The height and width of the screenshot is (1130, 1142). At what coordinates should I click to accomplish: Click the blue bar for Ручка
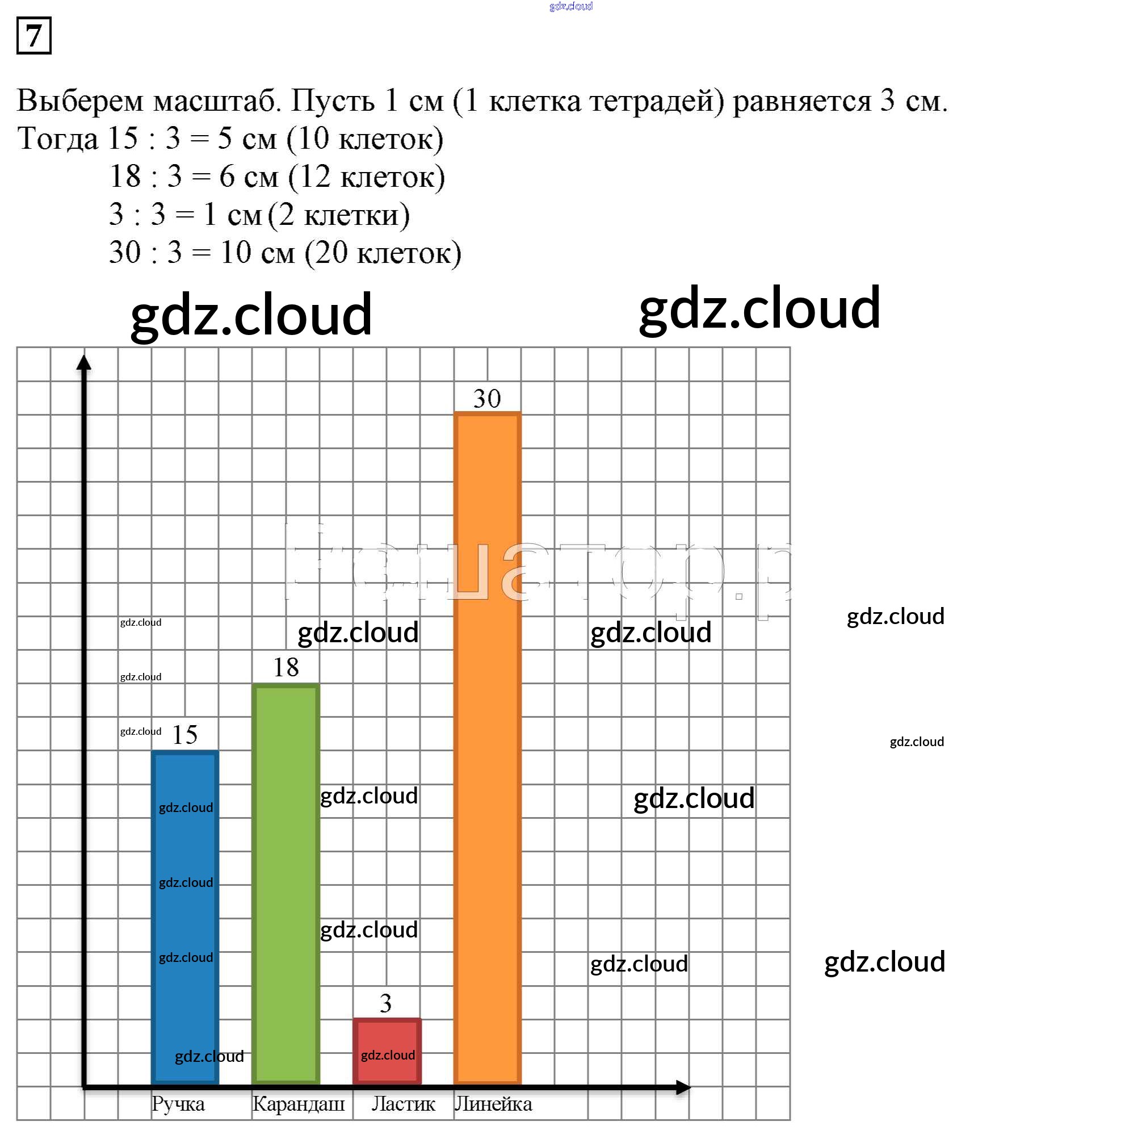(185, 922)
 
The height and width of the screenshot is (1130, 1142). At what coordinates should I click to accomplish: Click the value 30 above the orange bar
(487, 399)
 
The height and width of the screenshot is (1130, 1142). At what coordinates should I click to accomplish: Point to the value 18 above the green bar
(285, 668)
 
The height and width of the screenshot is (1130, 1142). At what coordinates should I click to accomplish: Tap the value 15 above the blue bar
(184, 735)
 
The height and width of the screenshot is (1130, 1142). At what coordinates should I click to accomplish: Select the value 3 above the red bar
(386, 1003)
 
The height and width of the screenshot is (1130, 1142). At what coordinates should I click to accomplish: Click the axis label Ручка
(178, 1104)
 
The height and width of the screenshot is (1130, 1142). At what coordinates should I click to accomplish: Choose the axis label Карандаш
(299, 1104)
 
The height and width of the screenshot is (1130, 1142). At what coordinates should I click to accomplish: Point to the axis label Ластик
(403, 1104)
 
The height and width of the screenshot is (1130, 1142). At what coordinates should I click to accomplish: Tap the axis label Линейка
(494, 1104)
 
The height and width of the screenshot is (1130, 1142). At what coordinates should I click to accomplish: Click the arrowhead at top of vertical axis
(84, 362)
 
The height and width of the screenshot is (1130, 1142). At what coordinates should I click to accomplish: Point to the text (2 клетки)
(339, 215)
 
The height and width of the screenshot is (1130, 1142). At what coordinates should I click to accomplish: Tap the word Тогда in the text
(57, 139)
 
